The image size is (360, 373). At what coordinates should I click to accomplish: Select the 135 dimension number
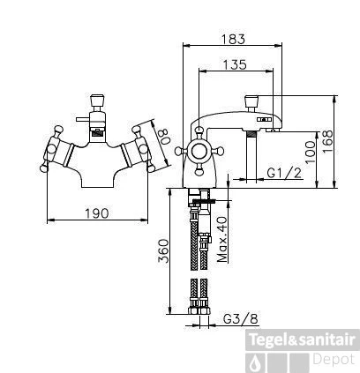(234, 63)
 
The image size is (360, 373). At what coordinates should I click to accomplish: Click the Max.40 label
(223, 237)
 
